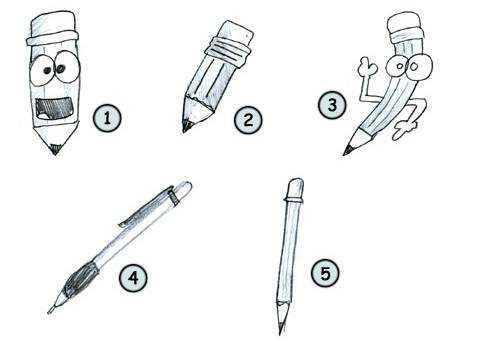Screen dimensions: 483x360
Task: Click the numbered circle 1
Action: click(107, 118)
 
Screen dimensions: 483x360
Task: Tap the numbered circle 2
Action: click(248, 120)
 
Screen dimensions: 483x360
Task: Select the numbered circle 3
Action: click(332, 105)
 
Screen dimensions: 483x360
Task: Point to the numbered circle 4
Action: click(133, 277)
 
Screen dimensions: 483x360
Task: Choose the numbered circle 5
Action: click(325, 273)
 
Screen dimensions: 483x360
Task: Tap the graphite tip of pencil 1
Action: click(55, 149)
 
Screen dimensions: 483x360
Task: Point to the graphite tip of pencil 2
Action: click(187, 127)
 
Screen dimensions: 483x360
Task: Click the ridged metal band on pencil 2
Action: click(227, 53)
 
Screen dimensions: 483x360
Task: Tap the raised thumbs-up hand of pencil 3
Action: click(367, 68)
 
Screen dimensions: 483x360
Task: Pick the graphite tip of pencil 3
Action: click(348, 150)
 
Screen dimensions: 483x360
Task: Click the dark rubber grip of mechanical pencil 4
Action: click(81, 279)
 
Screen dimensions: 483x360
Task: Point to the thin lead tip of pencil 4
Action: click(51, 310)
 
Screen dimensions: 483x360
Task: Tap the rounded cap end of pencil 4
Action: click(183, 190)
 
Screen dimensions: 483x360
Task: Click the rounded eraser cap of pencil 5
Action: click(295, 189)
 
